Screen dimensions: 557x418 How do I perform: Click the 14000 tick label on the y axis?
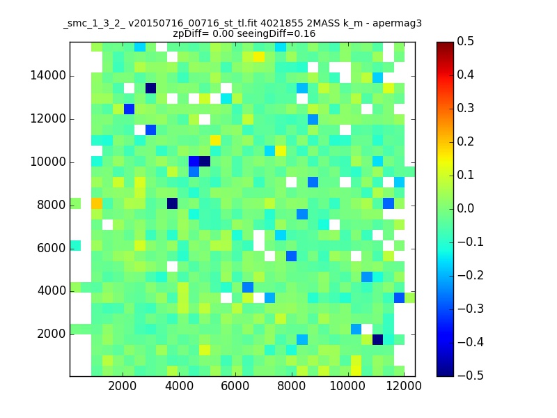[48, 76]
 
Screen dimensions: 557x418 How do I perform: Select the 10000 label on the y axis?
[48, 162]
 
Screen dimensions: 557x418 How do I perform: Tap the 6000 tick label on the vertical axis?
[51, 248]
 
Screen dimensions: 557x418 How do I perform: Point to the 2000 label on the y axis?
[51, 334]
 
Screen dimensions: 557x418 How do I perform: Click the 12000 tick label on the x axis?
[404, 386]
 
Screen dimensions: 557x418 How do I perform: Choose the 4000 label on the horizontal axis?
[179, 386]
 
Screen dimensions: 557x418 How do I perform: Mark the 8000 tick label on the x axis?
[291, 386]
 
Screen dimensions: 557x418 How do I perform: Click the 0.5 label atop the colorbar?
[465, 42]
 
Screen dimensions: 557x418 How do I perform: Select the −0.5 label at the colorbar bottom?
[471, 376]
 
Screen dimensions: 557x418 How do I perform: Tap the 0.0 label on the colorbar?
[465, 208]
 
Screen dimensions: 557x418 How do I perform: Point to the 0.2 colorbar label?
[465, 142]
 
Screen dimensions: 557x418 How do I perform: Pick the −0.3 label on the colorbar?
[471, 309]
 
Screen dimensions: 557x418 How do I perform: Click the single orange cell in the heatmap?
[97, 203]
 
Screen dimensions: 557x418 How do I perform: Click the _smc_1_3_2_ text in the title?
[94, 24]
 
